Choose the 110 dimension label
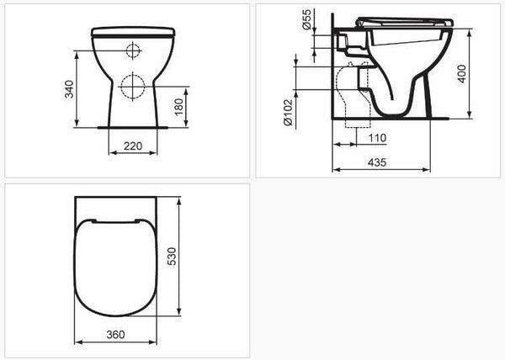pyautogui.click(x=375, y=138)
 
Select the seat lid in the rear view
pyautogui.click(x=132, y=30)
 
